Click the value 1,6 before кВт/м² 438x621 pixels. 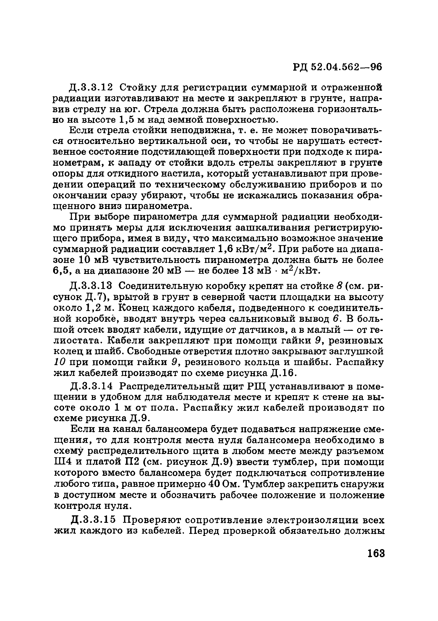[x=226, y=249]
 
